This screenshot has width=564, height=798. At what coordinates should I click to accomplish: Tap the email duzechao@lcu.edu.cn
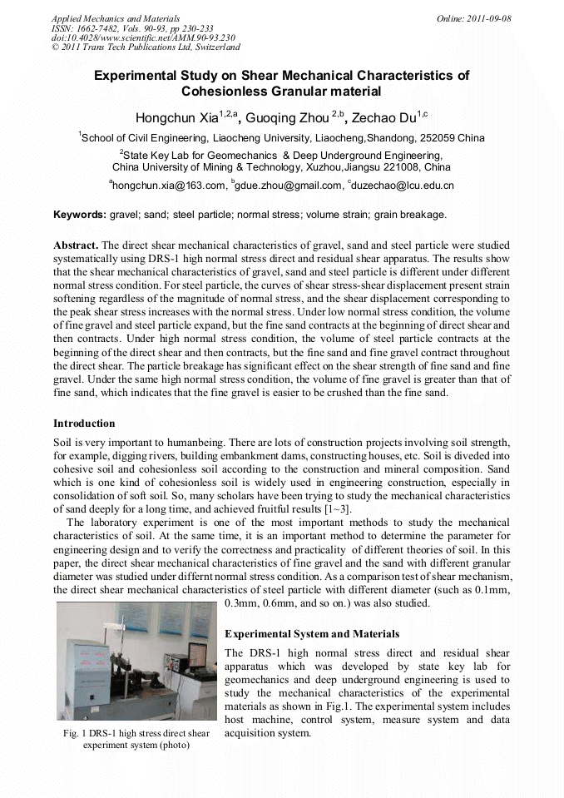pyautogui.click(x=403, y=186)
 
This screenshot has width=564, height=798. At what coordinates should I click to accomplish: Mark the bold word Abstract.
pyautogui.click(x=76, y=246)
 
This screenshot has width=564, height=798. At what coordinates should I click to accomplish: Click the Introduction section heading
pyautogui.click(x=84, y=423)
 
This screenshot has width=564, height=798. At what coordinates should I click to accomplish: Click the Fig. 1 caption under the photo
pyautogui.click(x=136, y=739)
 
